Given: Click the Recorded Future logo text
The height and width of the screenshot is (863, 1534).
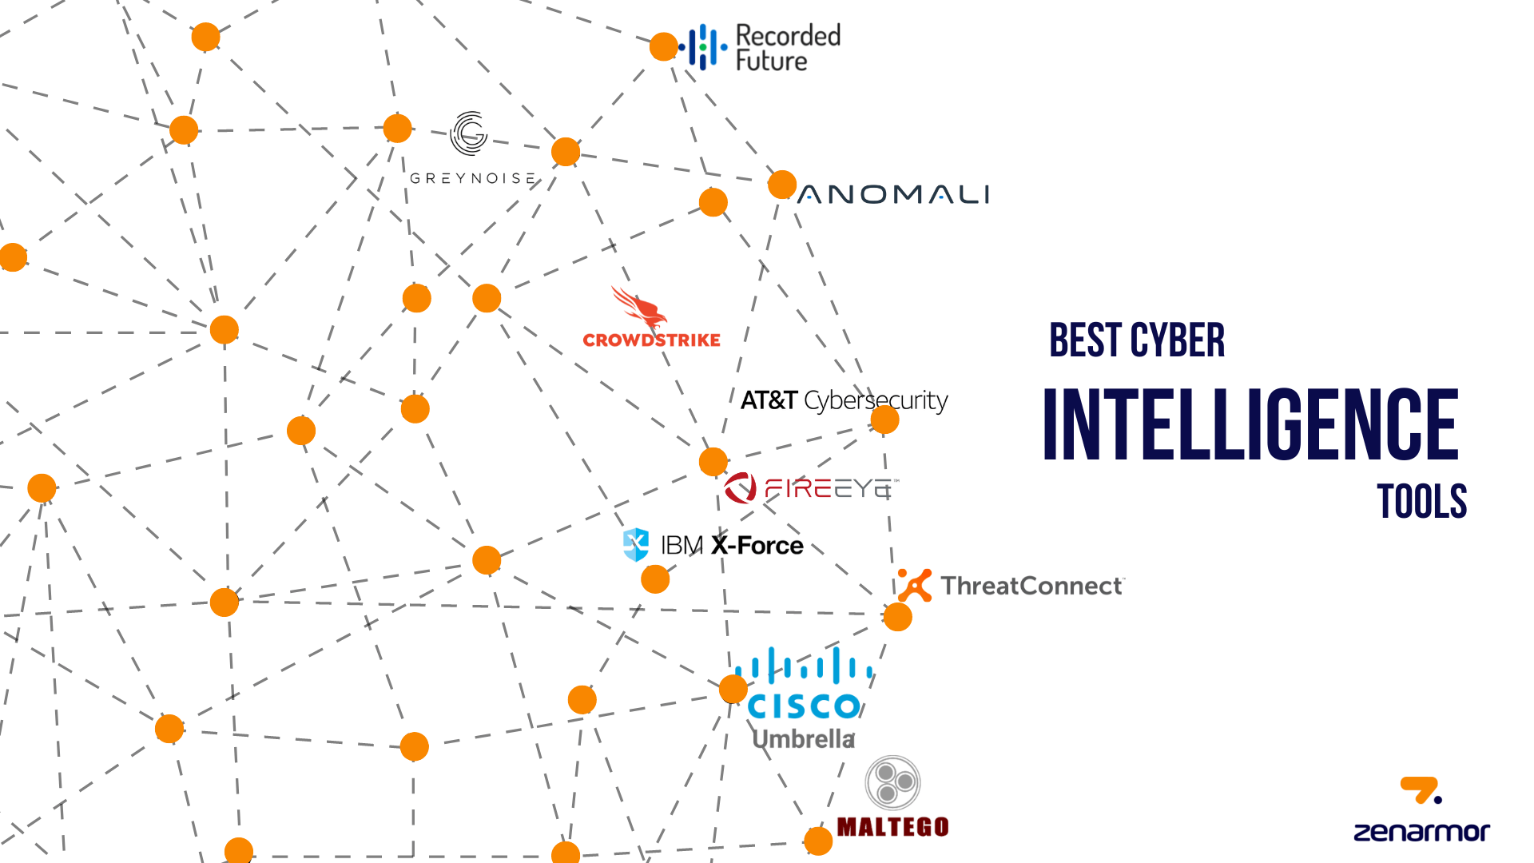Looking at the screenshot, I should pyautogui.click(x=787, y=48).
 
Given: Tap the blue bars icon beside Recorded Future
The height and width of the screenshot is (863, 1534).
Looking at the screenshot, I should pyautogui.click(x=703, y=47).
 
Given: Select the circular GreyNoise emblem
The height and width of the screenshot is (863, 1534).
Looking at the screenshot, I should pyautogui.click(x=469, y=133).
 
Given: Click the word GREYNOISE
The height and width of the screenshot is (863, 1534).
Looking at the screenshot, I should pyautogui.click(x=473, y=178).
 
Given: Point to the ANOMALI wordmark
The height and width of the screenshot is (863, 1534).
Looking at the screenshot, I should pyautogui.click(x=893, y=194).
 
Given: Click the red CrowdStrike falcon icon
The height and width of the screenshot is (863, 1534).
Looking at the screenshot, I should pyautogui.click(x=638, y=308).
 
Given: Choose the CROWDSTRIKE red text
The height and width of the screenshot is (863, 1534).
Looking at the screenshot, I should pyautogui.click(x=651, y=340).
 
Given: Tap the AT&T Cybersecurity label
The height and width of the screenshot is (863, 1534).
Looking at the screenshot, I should pyautogui.click(x=844, y=400).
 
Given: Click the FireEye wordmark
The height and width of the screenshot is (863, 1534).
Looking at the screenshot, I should pyautogui.click(x=831, y=487).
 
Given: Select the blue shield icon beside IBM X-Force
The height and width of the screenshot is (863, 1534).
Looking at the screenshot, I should pyautogui.click(x=636, y=545).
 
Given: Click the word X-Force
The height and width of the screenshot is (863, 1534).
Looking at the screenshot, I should pyautogui.click(x=757, y=546).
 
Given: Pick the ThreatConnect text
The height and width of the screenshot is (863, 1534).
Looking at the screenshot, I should pyautogui.click(x=1031, y=586).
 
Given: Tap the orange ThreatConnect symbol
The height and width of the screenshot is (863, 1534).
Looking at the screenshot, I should pyautogui.click(x=915, y=585).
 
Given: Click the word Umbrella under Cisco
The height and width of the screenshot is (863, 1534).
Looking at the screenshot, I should pyautogui.click(x=803, y=739).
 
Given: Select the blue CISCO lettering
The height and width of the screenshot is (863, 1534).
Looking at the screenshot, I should pyautogui.click(x=803, y=706).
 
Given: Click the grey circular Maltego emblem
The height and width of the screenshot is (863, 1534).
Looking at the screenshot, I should pyautogui.click(x=893, y=783).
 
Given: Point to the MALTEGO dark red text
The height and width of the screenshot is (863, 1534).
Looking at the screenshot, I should pyautogui.click(x=892, y=826).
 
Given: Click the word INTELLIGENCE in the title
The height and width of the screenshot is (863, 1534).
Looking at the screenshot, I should pyautogui.click(x=1250, y=424).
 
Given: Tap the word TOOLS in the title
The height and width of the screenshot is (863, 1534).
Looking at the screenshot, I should pyautogui.click(x=1421, y=502).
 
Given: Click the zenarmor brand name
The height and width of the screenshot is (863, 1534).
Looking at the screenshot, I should pyautogui.click(x=1421, y=832).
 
